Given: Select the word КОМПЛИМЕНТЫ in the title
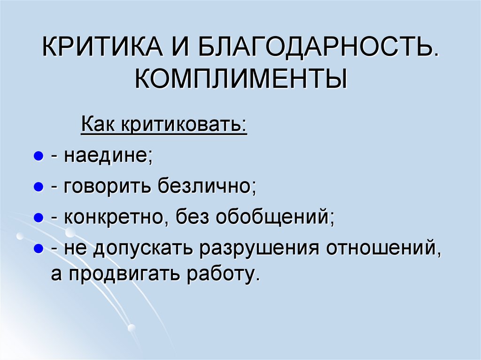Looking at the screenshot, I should point(241,79).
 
